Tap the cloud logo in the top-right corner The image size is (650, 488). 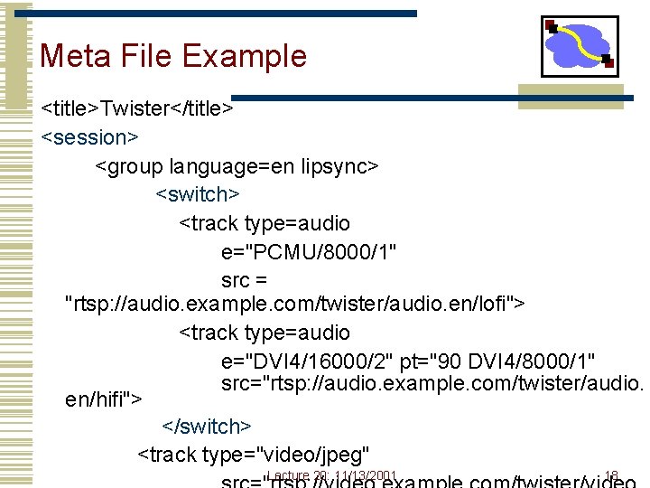pos(580,45)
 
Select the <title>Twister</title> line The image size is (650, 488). pos(137,109)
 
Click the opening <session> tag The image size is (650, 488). pos(89,137)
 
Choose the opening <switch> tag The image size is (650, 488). pos(198,194)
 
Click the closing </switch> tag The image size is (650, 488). pos(207,426)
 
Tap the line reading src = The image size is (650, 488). pos(244,278)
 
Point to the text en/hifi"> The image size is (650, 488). pos(104,398)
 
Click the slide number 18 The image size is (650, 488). pos(611,475)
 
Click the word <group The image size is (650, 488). pos(125,166)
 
